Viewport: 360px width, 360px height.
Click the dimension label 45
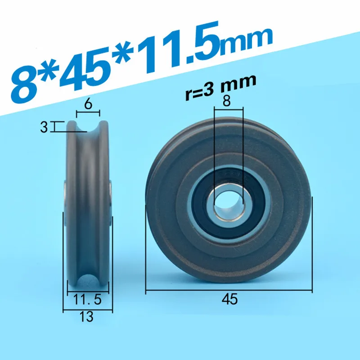click(x=229, y=299)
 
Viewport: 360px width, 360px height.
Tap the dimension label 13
click(x=86, y=317)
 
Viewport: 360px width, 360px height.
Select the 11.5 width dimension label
click(x=87, y=299)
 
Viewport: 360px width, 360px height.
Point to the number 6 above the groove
click(x=88, y=104)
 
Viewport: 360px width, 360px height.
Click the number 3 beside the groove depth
click(x=44, y=127)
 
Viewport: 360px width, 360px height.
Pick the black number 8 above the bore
click(x=226, y=100)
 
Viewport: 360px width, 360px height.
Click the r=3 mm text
click(x=220, y=88)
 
